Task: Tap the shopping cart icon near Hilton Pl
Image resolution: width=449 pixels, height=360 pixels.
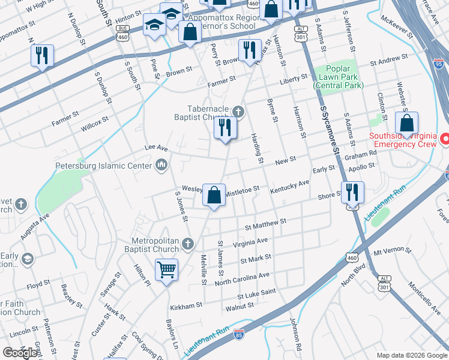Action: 166,269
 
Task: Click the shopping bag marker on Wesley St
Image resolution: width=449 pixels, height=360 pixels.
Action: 214,195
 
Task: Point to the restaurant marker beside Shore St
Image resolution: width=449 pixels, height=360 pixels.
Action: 352,193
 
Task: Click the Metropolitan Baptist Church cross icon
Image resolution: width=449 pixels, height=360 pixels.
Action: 188,243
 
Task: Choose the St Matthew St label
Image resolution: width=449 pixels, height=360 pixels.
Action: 266,225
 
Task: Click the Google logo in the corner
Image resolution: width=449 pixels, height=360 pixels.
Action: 20,353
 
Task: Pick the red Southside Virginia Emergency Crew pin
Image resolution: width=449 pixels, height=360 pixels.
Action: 445,139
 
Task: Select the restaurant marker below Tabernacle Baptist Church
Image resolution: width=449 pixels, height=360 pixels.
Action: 226,128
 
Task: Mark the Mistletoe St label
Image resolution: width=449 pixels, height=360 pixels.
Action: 242,189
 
